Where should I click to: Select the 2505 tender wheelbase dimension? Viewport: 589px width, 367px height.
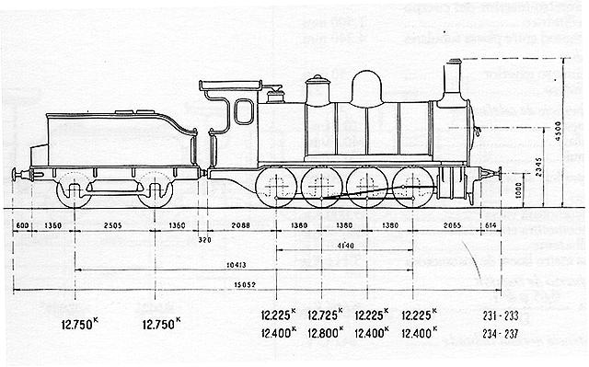[113, 225]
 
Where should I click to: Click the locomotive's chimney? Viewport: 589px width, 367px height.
[453, 80]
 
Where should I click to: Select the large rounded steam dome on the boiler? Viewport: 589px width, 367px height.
[368, 87]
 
